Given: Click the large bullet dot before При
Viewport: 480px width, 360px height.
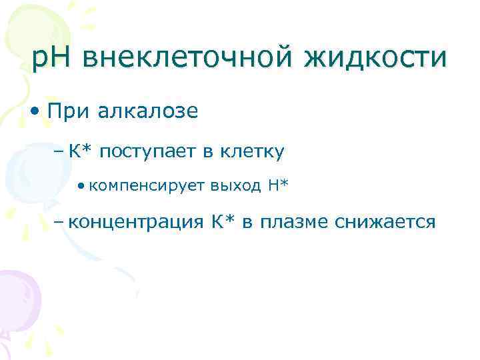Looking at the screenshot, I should (x=37, y=111).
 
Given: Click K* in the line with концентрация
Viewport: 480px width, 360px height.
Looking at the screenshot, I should (x=224, y=221).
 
